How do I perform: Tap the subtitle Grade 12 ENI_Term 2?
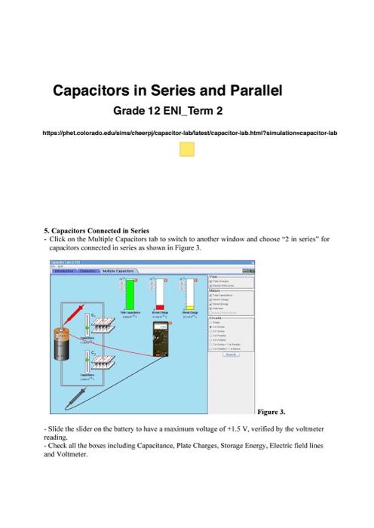click(167, 111)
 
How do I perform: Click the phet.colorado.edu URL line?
click(186, 133)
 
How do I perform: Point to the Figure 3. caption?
click(271, 412)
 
